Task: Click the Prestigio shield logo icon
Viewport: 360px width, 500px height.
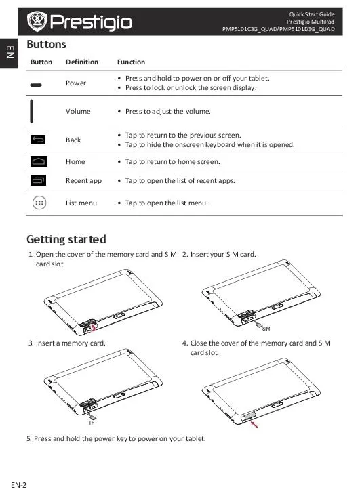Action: [x=37, y=22]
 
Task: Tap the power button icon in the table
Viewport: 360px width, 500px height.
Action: [x=36, y=85]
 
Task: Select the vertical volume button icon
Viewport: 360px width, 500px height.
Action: [x=32, y=111]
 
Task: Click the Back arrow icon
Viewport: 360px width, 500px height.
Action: [x=38, y=140]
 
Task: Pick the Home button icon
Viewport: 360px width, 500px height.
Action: [x=39, y=161]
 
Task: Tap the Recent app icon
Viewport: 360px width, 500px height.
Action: [x=38, y=180]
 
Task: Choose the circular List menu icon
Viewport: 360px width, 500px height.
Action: [x=39, y=203]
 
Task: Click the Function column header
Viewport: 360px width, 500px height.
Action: [x=131, y=62]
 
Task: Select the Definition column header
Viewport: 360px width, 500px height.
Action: [x=82, y=62]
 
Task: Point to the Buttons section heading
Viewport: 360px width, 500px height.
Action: [x=46, y=44]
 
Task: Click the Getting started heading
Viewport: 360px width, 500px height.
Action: [x=66, y=239]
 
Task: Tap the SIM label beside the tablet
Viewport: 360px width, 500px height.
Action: [x=266, y=329]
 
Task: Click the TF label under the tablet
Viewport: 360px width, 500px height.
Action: [x=92, y=423]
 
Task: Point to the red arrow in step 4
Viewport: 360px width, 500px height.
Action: [x=254, y=424]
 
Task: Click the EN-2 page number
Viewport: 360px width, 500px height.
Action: [x=19, y=485]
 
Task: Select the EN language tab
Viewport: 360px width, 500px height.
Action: [x=10, y=52]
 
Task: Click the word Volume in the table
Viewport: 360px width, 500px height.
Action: [x=78, y=111]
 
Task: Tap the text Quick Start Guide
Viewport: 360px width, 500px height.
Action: [x=312, y=14]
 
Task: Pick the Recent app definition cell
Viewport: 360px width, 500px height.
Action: [x=83, y=180]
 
